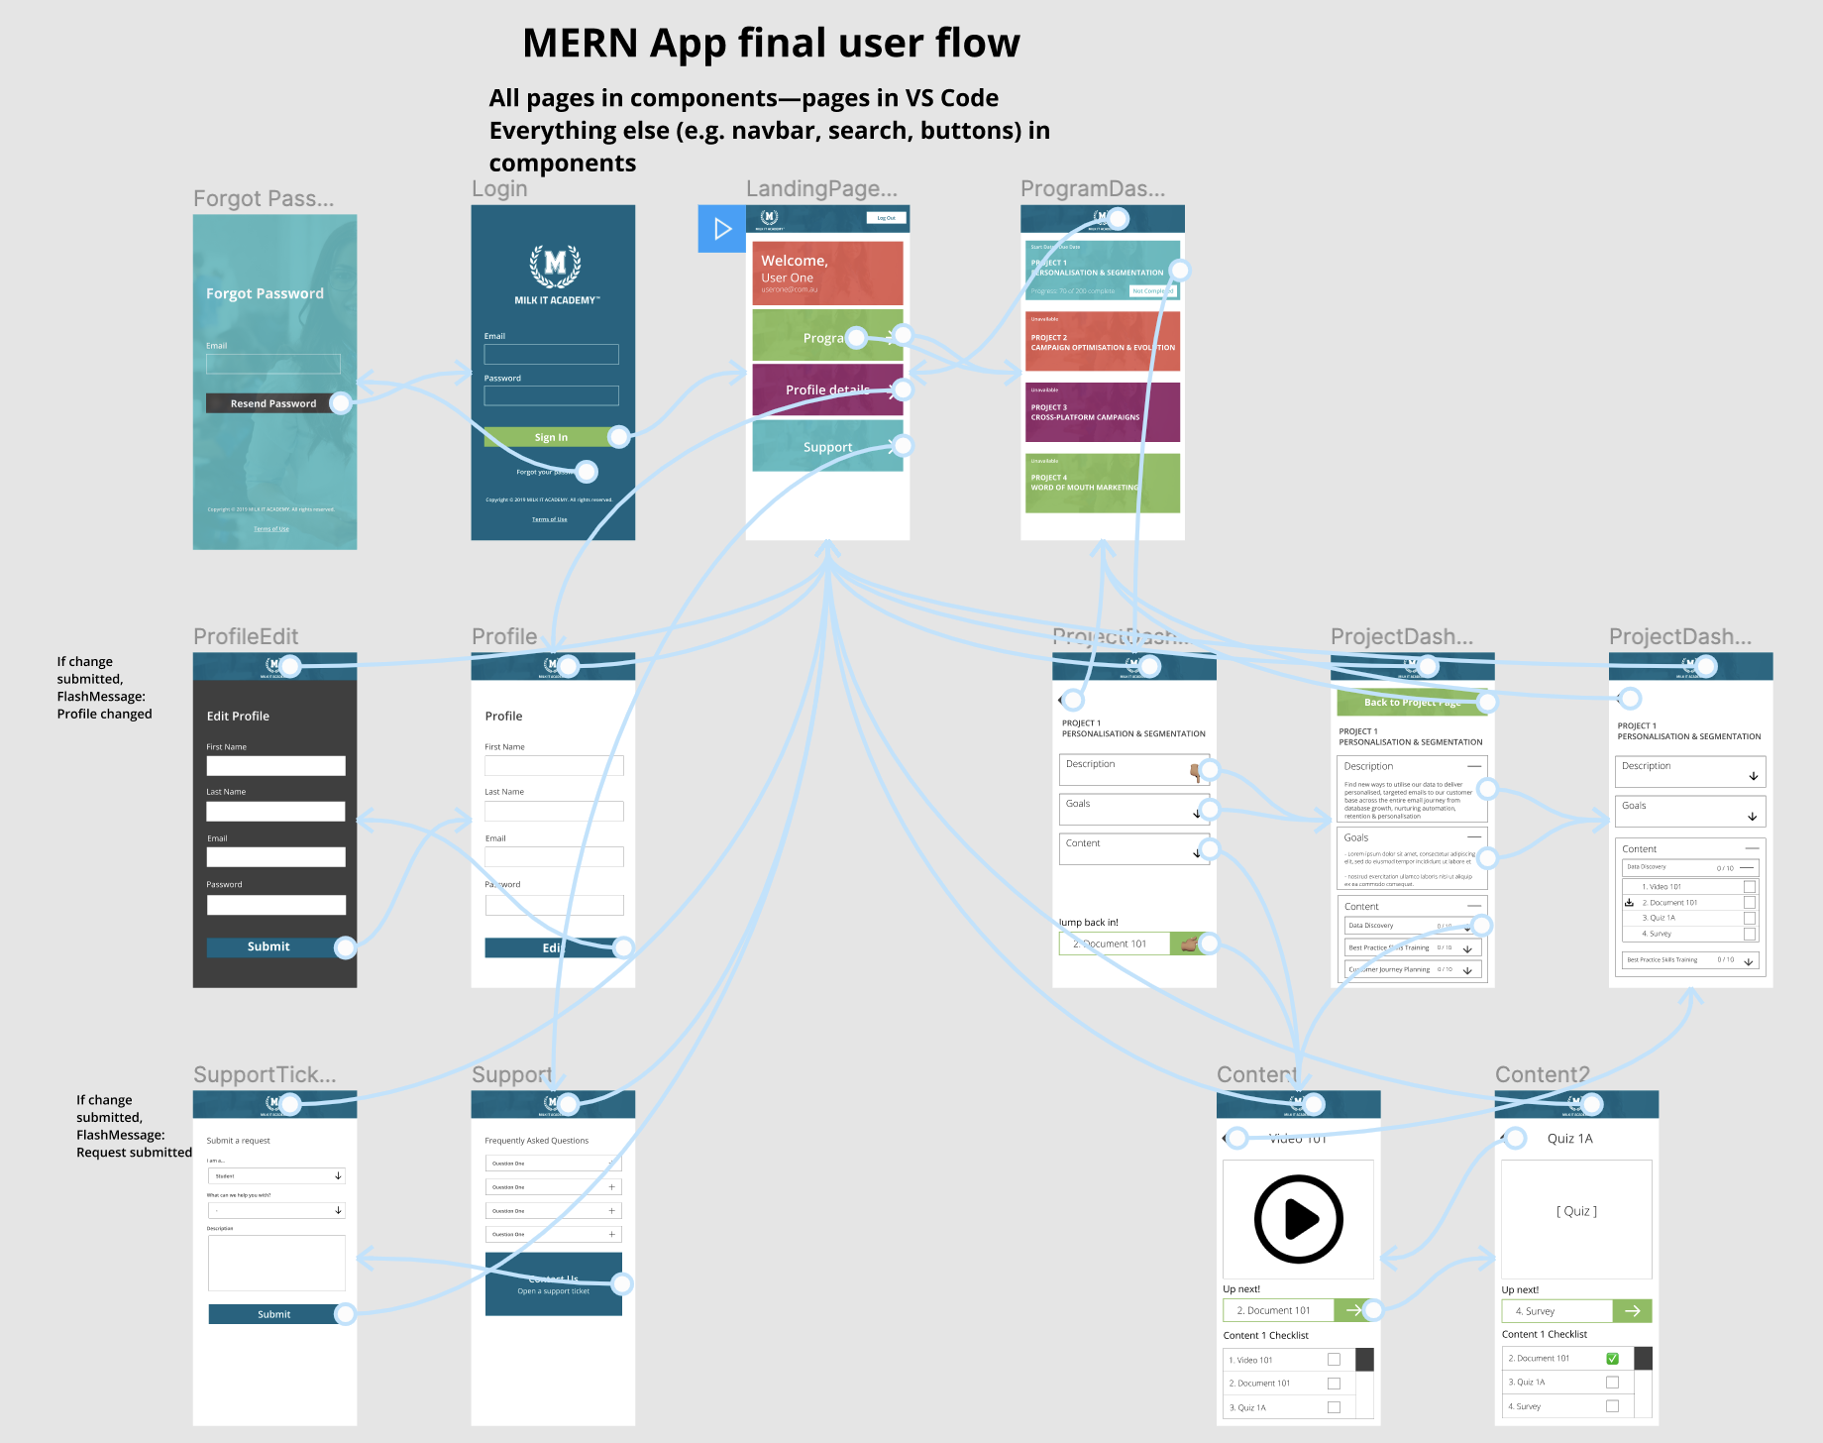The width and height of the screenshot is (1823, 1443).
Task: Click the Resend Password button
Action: pyautogui.click(x=272, y=403)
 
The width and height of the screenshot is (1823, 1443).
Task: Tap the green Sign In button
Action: pyautogui.click(x=551, y=437)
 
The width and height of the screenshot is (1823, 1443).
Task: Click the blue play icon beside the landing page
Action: pyautogui.click(x=721, y=229)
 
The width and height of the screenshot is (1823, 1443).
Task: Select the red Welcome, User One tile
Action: pyautogui.click(x=827, y=273)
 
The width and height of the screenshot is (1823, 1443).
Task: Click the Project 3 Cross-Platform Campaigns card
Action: pyautogui.click(x=1102, y=412)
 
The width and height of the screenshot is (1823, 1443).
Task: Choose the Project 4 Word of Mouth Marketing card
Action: pyautogui.click(x=1102, y=483)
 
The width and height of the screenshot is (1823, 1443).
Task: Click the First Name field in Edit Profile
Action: pyautogui.click(x=275, y=766)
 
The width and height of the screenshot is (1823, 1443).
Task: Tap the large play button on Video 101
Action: pyautogui.click(x=1298, y=1219)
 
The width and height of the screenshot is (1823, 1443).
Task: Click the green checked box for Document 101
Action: pyautogui.click(x=1612, y=1359)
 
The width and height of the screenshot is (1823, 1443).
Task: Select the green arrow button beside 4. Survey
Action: pyautogui.click(x=1632, y=1311)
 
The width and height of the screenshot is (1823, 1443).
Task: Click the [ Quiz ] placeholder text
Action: pyautogui.click(x=1576, y=1211)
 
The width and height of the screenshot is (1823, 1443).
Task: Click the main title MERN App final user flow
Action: pyautogui.click(x=771, y=44)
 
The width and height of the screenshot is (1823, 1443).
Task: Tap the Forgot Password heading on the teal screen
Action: pyautogui.click(x=265, y=293)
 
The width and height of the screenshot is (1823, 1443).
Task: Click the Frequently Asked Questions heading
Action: pyautogui.click(x=536, y=1141)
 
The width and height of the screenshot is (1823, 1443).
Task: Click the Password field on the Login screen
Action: pyautogui.click(x=551, y=395)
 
